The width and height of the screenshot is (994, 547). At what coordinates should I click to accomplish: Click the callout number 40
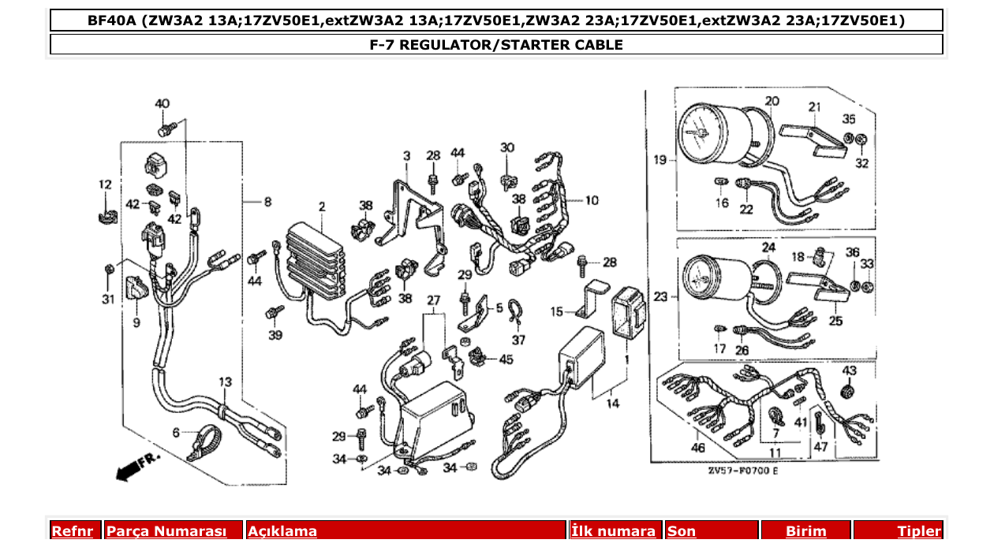click(x=162, y=104)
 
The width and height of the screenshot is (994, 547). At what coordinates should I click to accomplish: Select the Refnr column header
click(x=73, y=531)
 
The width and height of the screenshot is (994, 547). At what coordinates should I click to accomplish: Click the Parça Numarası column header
click(x=166, y=531)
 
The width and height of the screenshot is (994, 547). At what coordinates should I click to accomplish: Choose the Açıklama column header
click(x=282, y=531)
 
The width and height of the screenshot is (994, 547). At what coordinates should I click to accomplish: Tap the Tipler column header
click(x=919, y=531)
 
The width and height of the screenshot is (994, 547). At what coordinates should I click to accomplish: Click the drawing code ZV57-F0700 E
click(x=742, y=471)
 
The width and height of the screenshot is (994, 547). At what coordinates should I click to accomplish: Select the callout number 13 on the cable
click(x=226, y=382)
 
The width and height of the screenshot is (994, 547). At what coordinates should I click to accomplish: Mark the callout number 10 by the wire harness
click(x=591, y=200)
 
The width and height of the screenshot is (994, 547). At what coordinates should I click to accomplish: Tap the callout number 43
click(x=850, y=370)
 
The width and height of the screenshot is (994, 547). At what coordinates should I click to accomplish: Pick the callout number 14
click(x=612, y=404)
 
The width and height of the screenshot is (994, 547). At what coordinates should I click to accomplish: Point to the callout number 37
click(x=518, y=340)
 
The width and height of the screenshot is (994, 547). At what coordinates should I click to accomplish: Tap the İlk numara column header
click(x=613, y=531)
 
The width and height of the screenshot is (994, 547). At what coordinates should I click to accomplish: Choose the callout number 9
click(x=136, y=322)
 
